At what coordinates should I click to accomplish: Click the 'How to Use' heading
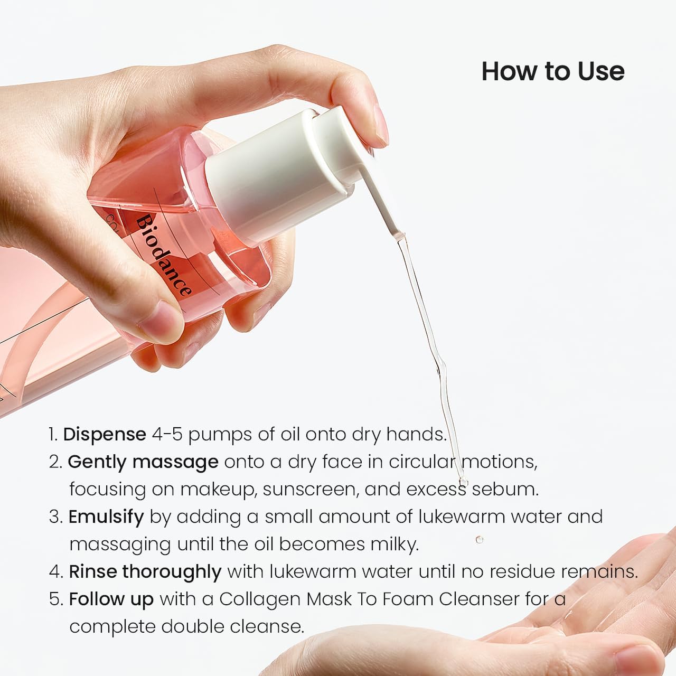tap(552, 71)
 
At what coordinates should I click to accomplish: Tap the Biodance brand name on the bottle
tap(164, 255)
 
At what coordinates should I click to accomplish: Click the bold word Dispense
tap(105, 434)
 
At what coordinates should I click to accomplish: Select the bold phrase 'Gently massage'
tap(143, 462)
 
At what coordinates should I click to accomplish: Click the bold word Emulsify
tap(106, 517)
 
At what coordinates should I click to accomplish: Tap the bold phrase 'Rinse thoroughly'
tap(145, 571)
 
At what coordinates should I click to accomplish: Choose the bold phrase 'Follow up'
tap(111, 599)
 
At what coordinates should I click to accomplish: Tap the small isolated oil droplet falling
tap(480, 540)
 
